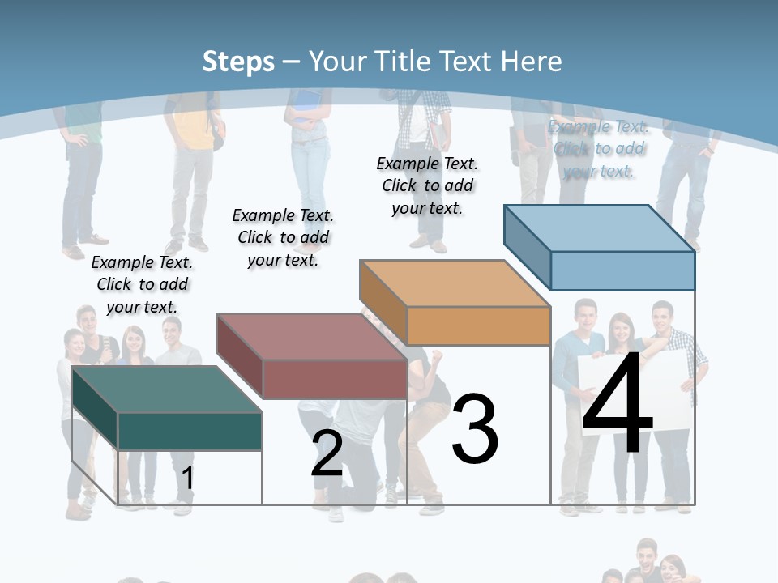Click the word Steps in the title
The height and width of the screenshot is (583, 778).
click(238, 62)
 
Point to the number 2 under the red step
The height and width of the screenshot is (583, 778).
click(327, 453)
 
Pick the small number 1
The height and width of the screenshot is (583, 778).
click(187, 478)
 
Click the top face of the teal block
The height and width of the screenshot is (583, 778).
click(167, 389)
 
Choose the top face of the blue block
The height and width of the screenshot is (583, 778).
click(600, 228)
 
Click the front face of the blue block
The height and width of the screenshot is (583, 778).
click(622, 270)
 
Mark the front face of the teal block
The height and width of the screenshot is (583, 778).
click(190, 431)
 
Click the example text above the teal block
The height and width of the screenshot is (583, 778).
click(142, 284)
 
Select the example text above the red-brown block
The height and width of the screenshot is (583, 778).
click(283, 237)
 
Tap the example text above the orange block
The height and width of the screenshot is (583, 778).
click(427, 185)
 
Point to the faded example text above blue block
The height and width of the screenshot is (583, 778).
click(598, 148)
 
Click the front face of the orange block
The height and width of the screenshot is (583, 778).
click(478, 326)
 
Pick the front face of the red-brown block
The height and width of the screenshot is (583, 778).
click(334, 379)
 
